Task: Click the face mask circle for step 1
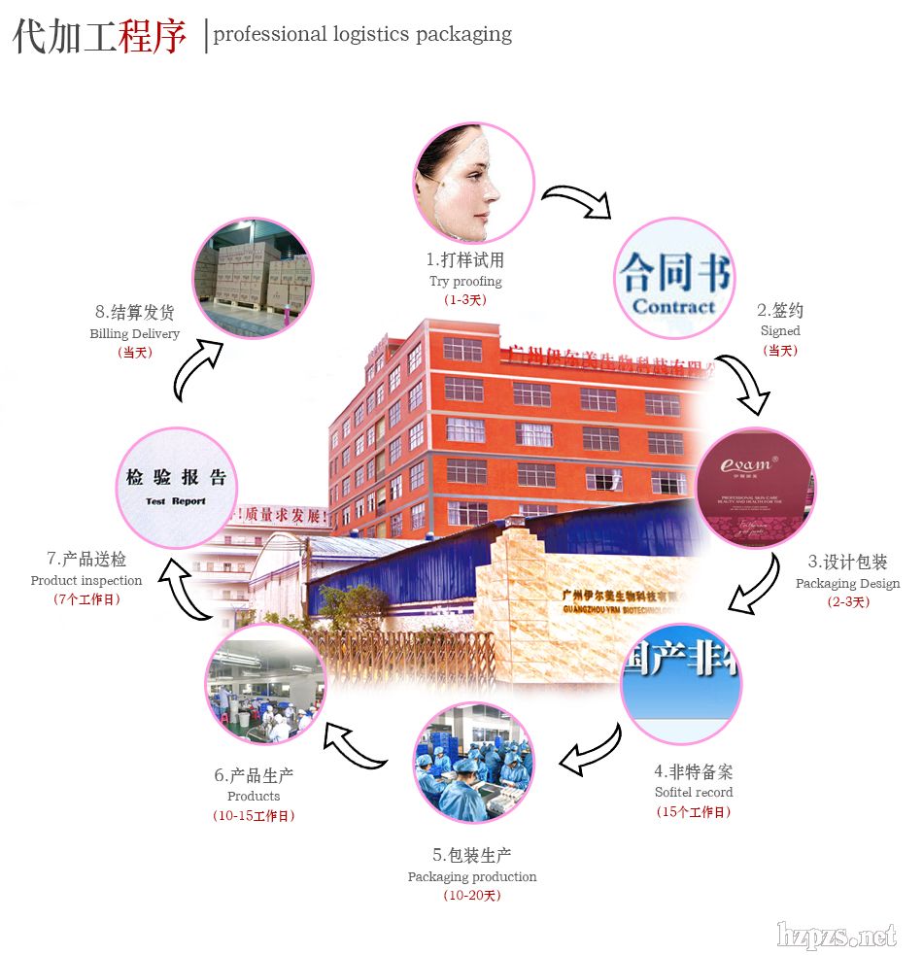click(x=474, y=183)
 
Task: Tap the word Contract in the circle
click(x=673, y=307)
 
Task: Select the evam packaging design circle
click(x=756, y=488)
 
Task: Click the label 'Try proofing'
click(x=465, y=282)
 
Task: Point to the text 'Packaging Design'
click(x=847, y=584)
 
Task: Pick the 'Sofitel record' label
click(x=694, y=793)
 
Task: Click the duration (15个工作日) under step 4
click(x=694, y=812)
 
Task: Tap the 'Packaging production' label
click(x=472, y=877)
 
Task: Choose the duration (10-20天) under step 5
click(x=472, y=896)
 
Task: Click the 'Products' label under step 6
click(x=254, y=797)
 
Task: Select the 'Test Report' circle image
click(x=176, y=488)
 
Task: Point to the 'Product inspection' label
click(x=86, y=581)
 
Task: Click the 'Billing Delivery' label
click(x=134, y=334)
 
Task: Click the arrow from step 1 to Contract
click(x=576, y=200)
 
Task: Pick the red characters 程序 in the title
click(x=153, y=36)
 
